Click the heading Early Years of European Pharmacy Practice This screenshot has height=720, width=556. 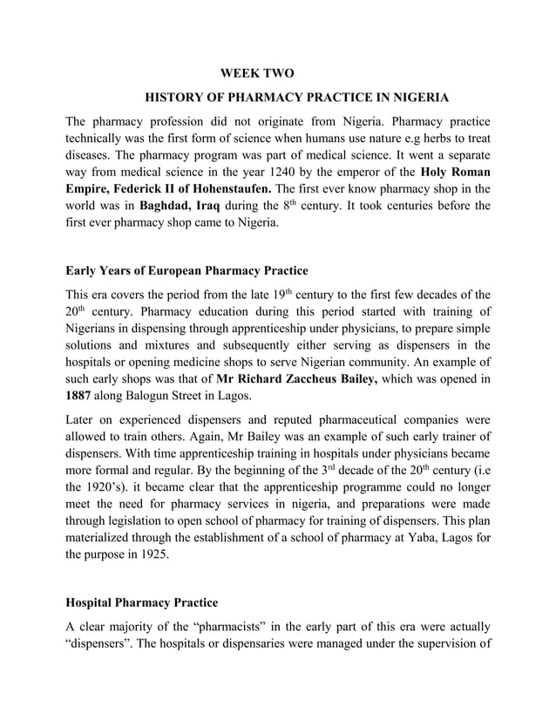186,269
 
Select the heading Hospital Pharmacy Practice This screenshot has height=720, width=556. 142,602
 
